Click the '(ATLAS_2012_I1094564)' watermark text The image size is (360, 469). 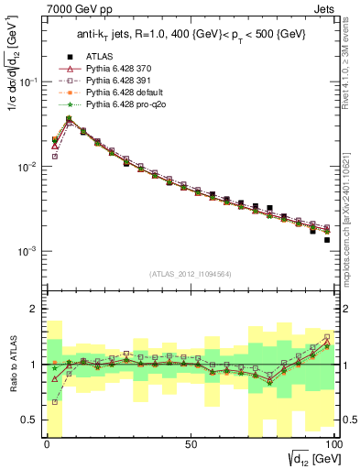point(190,273)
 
